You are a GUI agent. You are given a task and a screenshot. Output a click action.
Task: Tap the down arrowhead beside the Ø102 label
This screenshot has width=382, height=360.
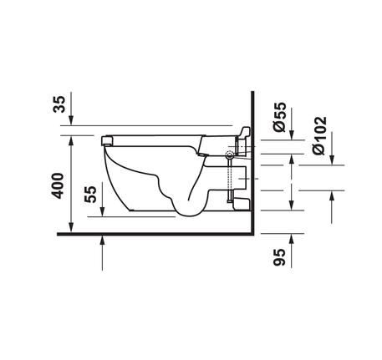[x=331, y=160]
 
